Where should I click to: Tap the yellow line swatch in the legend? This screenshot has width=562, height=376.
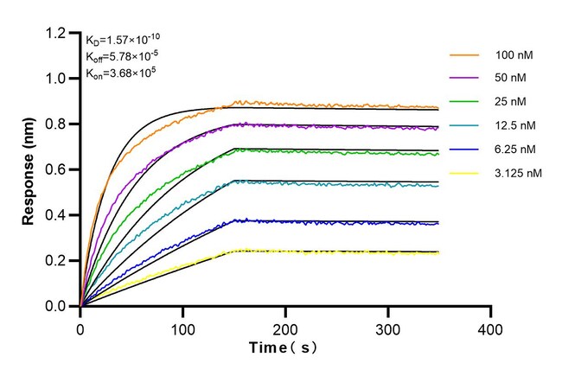click(x=465, y=173)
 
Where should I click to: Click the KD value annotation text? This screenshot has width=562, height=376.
click(x=122, y=39)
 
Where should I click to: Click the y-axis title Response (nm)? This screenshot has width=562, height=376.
click(x=29, y=169)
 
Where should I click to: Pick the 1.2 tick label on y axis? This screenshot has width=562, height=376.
click(x=57, y=33)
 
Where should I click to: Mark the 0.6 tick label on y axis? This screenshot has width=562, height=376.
click(x=57, y=169)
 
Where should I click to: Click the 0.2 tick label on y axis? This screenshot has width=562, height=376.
click(x=57, y=260)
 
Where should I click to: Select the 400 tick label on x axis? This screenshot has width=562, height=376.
click(x=490, y=329)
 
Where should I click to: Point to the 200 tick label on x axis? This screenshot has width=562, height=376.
click(x=285, y=329)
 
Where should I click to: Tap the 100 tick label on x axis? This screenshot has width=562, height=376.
click(x=182, y=329)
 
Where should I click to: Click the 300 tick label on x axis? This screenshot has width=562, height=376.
click(x=388, y=329)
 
